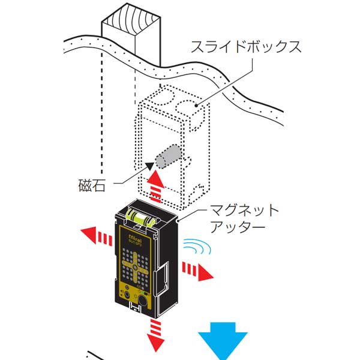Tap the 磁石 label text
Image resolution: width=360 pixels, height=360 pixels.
92,185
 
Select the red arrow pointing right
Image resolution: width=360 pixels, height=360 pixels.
198,269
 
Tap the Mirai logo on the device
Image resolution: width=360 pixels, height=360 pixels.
135,239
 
